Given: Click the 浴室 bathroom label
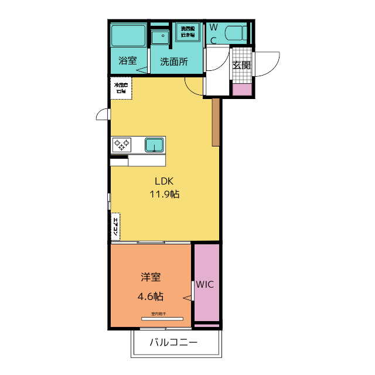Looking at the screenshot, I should [127, 61].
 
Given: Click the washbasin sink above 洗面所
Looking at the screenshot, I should [159, 37].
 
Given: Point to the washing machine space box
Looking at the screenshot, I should [187, 31].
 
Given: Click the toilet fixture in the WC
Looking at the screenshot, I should [237, 33].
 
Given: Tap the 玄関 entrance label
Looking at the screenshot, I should [241, 65].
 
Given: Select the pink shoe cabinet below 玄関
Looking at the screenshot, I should [242, 90].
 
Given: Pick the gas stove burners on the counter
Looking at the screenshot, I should [122, 144].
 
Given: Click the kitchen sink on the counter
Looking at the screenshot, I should [154, 144].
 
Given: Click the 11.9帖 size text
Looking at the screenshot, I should [164, 195].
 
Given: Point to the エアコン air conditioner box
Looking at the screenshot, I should [115, 227].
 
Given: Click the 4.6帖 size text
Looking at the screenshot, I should [151, 295].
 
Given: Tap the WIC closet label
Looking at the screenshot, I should [205, 285].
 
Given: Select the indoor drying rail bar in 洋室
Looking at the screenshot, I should [162, 319].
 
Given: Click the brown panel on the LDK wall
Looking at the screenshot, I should [216, 122].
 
